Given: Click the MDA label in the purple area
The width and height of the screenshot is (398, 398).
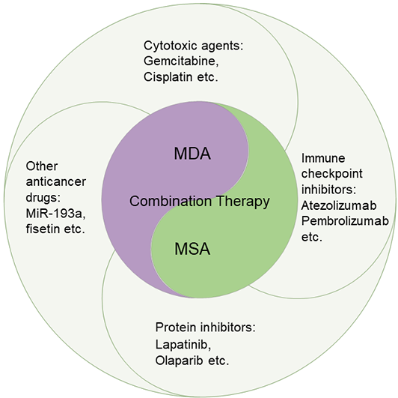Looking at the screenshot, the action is click(x=192, y=154).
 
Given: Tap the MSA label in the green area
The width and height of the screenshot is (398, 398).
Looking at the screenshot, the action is click(x=192, y=249).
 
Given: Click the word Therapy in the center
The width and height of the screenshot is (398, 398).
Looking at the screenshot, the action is click(x=243, y=202).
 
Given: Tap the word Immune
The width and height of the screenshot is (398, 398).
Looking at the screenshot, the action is click(x=323, y=158).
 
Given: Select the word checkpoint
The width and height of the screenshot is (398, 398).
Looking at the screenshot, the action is click(x=332, y=174).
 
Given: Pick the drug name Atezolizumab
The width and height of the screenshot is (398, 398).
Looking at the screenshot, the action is click(x=339, y=205).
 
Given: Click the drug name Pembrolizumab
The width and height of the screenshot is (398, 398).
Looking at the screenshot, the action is click(x=345, y=221).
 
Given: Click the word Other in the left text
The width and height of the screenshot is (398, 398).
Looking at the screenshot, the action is click(x=42, y=166).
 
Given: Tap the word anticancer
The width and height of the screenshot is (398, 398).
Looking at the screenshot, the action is click(x=56, y=182).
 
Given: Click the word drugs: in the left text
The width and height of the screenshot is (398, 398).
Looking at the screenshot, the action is click(x=43, y=198).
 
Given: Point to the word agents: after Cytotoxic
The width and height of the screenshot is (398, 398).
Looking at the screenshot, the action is click(x=221, y=46).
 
